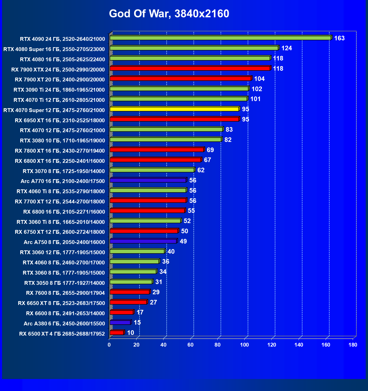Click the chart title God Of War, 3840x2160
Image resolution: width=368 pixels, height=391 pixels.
[169, 14]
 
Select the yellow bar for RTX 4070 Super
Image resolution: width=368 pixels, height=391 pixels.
[174, 109]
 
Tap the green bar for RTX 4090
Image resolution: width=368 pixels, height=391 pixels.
[221, 38]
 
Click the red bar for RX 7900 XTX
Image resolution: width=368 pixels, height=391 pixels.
[190, 68]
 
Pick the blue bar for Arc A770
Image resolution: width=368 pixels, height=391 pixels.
[148, 180]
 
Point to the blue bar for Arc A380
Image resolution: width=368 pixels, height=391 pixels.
[120, 323]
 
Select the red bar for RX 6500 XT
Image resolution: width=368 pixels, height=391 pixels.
[117, 333]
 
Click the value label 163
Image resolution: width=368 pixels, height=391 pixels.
[339, 38]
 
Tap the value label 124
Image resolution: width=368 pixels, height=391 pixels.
[287, 48]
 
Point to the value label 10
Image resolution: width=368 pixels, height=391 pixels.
[130, 333]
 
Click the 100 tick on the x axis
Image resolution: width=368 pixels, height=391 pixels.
[244, 345]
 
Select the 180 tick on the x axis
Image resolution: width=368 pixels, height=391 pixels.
[353, 345]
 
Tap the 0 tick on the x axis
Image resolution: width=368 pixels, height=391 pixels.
[109, 345]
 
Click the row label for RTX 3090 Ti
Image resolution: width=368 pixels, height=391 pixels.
[59, 90]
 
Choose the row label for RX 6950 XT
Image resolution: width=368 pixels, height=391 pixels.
[60, 120]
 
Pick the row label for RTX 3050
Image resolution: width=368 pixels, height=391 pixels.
[65, 283]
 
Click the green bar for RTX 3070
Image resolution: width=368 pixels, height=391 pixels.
[152, 170]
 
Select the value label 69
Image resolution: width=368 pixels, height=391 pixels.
[210, 150]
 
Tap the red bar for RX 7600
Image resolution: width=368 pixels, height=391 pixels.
[130, 292]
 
